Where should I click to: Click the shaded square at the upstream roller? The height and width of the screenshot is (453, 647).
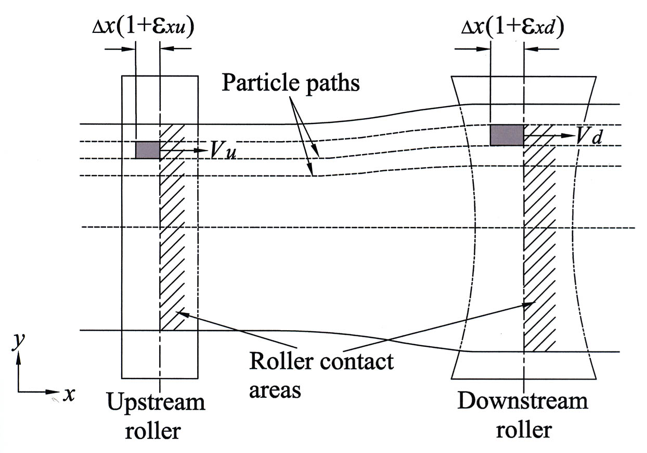(x=147, y=150)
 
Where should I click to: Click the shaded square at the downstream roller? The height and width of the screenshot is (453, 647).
(x=507, y=135)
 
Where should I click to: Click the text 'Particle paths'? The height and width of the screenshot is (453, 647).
(x=291, y=83)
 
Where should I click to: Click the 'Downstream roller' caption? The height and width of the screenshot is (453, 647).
(x=523, y=416)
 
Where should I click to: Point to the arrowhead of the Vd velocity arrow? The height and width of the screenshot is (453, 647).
(x=568, y=135)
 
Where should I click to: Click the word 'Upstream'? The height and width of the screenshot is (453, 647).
(x=156, y=402)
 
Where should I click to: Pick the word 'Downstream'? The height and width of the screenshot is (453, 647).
(x=523, y=401)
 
